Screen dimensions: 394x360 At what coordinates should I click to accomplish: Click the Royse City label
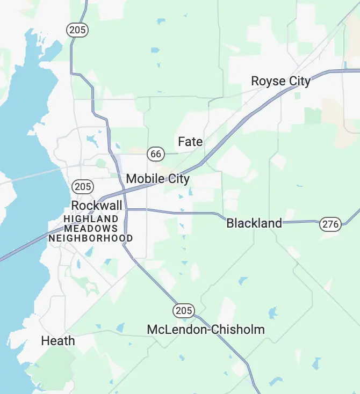(x=280, y=81)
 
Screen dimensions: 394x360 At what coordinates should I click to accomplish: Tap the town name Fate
(x=190, y=142)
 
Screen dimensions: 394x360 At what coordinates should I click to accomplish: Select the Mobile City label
(x=157, y=179)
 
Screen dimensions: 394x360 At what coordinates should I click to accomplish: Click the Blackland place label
(x=254, y=223)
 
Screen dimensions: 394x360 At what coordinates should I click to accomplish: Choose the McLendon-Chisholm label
(x=206, y=329)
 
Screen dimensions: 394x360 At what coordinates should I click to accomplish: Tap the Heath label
(x=58, y=341)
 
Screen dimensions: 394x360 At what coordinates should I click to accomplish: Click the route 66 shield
(x=156, y=154)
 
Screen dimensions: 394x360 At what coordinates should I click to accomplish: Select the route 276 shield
(x=330, y=224)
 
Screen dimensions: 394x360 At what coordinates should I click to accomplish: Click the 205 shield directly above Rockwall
(x=83, y=187)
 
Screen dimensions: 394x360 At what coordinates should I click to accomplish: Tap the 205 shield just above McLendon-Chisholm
(x=183, y=310)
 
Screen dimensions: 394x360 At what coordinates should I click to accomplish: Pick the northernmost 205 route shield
(x=77, y=30)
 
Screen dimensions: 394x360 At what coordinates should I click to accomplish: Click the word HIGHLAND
(x=91, y=219)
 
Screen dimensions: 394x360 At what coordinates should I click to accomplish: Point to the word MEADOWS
(x=91, y=229)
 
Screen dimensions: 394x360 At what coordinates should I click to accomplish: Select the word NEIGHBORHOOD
(x=91, y=238)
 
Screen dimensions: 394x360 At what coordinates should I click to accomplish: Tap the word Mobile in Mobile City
(x=144, y=179)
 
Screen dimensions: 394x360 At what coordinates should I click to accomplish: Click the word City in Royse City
(x=299, y=81)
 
